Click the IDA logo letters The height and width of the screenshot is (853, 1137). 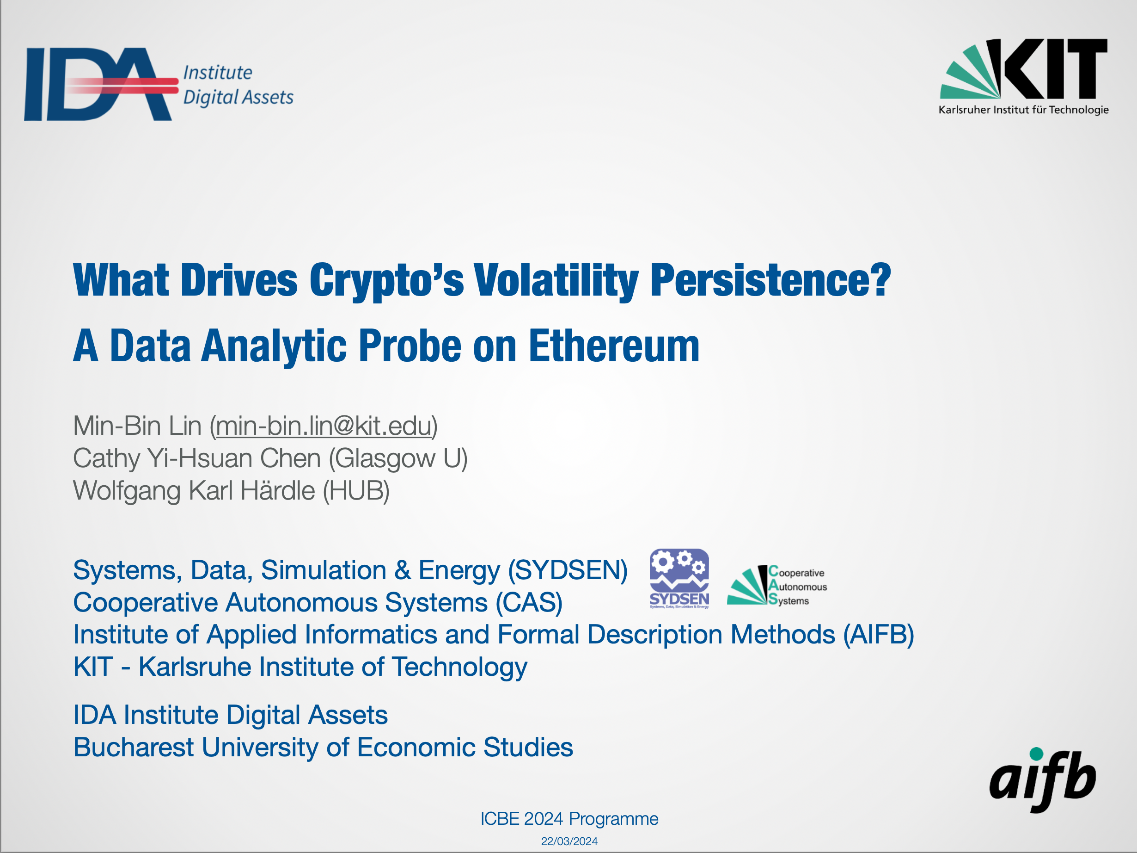point(98,84)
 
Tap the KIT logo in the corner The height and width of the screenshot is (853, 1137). point(1023,77)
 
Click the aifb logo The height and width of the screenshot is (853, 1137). point(1042,779)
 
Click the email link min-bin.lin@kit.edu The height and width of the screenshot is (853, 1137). point(324,426)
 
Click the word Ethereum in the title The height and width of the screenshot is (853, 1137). point(614,346)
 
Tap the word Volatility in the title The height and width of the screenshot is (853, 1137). point(556,280)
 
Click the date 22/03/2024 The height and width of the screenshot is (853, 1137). point(569,841)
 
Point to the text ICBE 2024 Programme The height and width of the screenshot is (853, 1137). point(569,818)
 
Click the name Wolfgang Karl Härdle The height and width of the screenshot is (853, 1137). point(194,491)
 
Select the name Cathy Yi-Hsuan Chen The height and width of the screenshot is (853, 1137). point(197,458)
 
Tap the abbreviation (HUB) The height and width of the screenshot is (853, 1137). point(356,491)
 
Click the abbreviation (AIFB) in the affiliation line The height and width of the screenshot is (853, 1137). point(879,634)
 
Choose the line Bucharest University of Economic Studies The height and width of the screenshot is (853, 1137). point(323,747)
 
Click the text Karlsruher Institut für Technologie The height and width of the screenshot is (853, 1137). point(1023,110)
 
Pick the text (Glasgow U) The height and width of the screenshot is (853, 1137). point(398,458)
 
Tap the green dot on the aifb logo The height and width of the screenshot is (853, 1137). point(1037,754)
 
